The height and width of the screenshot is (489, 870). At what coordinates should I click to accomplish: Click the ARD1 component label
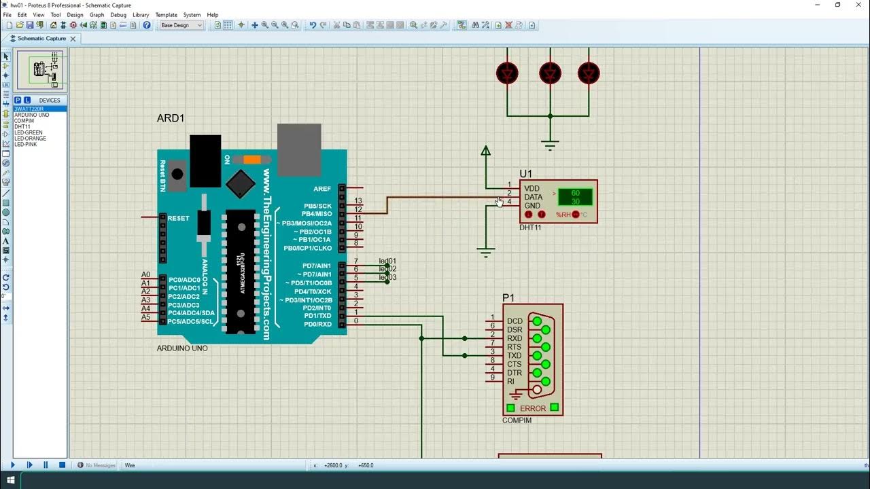[x=171, y=118]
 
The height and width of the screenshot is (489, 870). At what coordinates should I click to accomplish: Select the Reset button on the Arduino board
[x=177, y=174]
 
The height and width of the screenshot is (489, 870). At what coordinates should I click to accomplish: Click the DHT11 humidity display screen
[x=575, y=198]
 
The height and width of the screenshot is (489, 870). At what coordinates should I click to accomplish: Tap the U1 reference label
[x=526, y=174]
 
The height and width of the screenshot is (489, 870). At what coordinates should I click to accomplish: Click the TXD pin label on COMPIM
[x=515, y=356]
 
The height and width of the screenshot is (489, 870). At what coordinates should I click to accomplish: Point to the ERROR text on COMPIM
[x=533, y=408]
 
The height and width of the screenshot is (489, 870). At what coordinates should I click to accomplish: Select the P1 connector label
[x=508, y=297]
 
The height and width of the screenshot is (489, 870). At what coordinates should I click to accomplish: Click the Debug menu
[x=118, y=14]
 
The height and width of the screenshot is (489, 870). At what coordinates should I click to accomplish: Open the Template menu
[x=166, y=14]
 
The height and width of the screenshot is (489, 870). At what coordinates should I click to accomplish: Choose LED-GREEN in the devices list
[x=29, y=132]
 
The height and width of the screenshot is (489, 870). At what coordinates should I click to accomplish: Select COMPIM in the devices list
[x=24, y=121]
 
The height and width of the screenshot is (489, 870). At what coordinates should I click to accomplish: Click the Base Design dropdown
[x=181, y=25]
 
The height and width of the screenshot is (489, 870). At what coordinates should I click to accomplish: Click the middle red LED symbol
[x=549, y=73]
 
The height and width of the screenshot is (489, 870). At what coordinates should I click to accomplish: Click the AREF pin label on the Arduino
[x=322, y=189]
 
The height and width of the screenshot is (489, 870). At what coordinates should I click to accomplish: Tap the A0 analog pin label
[x=145, y=275]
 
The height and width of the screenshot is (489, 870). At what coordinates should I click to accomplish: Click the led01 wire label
[x=387, y=261]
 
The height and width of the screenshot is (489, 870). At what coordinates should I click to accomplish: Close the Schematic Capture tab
[x=73, y=39]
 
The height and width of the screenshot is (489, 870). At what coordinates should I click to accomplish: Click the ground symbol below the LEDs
[x=550, y=144]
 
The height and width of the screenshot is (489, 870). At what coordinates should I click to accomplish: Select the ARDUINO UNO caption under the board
[x=182, y=348]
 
